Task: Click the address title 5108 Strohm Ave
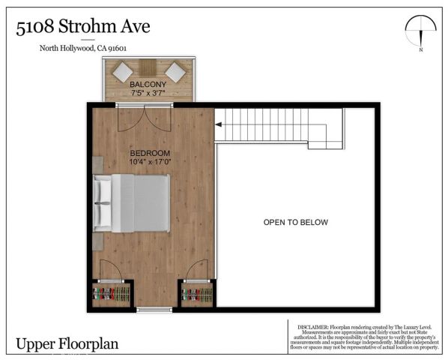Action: click(83, 28)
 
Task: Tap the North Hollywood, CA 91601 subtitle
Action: click(83, 49)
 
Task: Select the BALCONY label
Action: click(148, 85)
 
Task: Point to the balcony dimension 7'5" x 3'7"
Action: click(148, 94)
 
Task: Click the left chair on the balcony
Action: click(122, 72)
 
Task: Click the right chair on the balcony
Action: click(175, 72)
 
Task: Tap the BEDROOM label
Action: click(150, 152)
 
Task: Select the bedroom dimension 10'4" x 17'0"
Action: click(150, 161)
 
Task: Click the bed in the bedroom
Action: click(132, 202)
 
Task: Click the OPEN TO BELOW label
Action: click(295, 223)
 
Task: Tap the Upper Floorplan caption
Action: click(67, 344)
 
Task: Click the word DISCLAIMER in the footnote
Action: click(314, 327)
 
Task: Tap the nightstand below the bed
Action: click(98, 241)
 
